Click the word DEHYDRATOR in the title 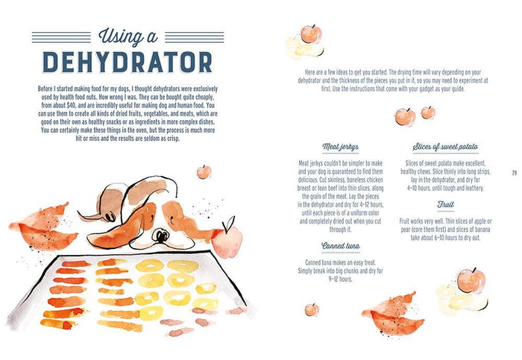tap(128, 62)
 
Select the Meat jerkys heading tap(340, 147)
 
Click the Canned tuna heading tap(340, 246)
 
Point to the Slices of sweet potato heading tap(445, 147)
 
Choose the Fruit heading tap(445, 204)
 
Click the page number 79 tap(515, 173)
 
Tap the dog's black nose tap(161, 236)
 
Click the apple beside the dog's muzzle tap(227, 239)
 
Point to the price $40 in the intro tap(72, 106)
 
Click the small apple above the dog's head tap(204, 171)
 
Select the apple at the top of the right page tap(311, 34)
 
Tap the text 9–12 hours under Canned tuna tap(340, 280)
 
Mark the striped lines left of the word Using tap(61, 37)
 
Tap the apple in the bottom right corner tap(471, 281)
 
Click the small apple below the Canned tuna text tap(312, 310)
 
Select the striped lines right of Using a tap(195, 37)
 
